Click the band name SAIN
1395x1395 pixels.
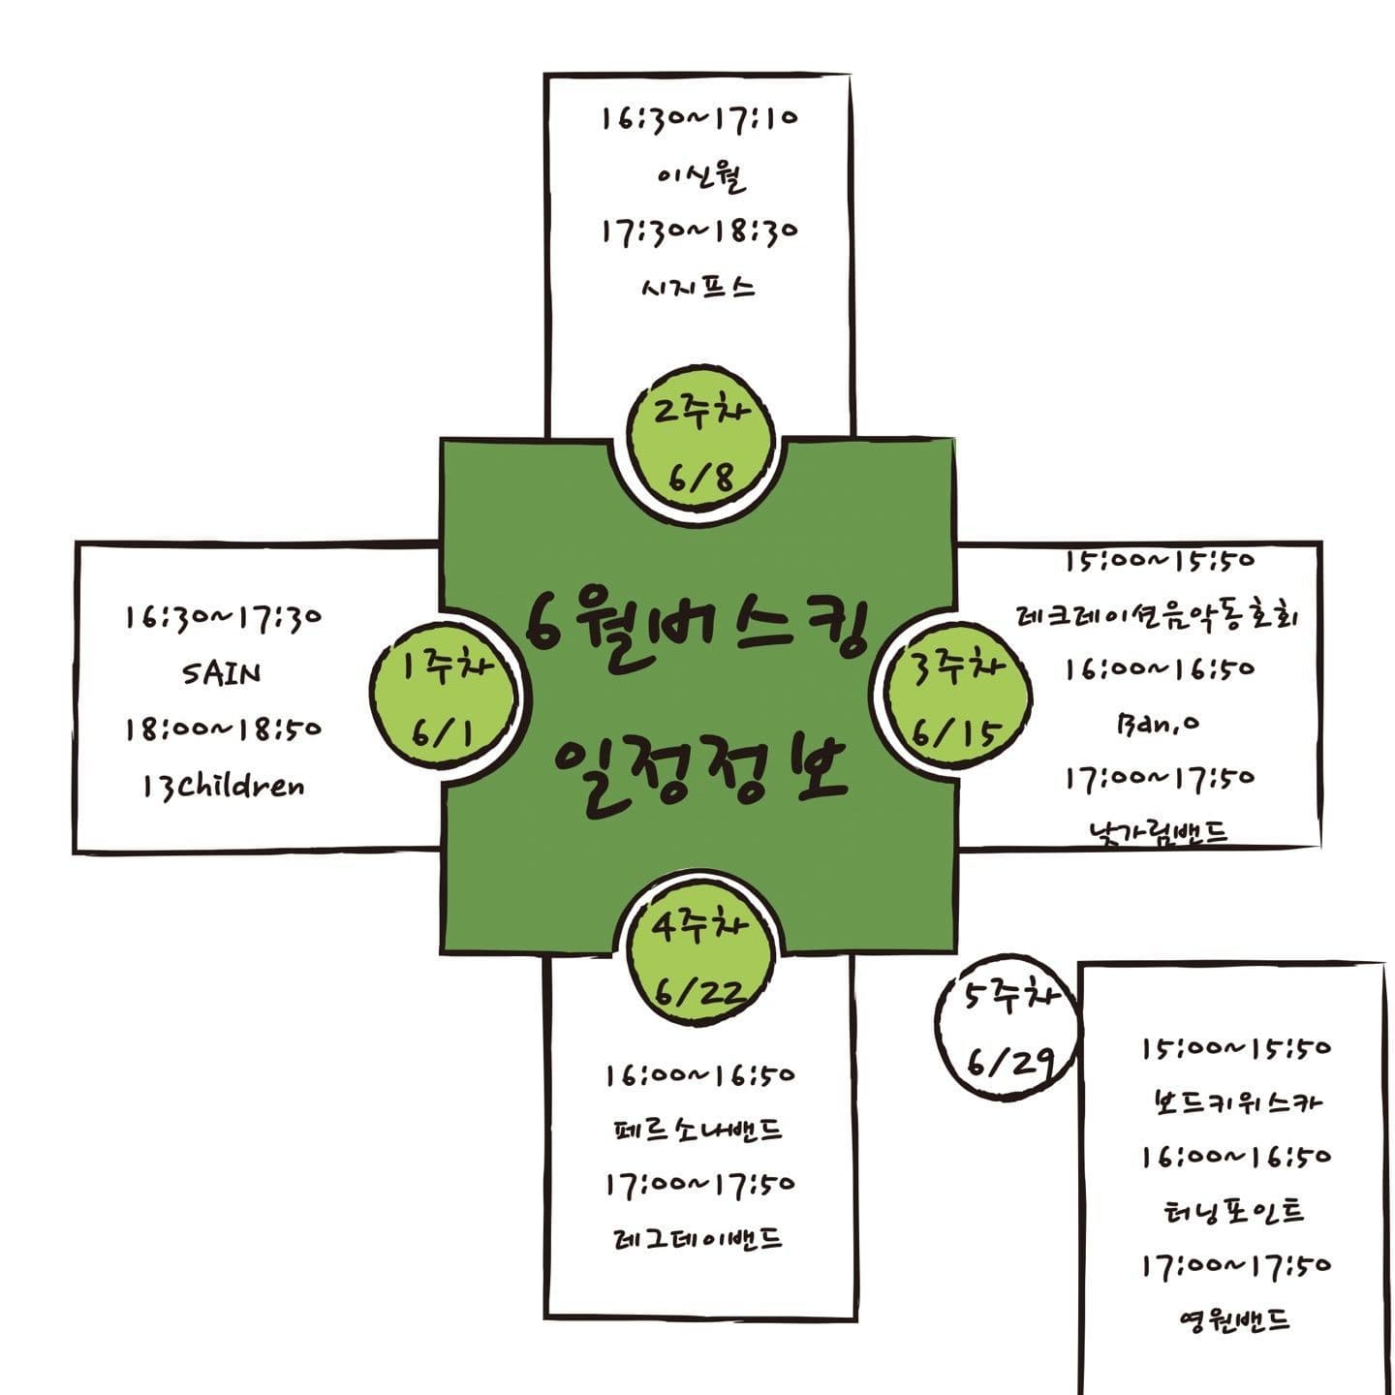[222, 672]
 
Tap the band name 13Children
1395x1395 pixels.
[222, 785]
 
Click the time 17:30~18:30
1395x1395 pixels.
[697, 233]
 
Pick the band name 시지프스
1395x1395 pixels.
[697, 288]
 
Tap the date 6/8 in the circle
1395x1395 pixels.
[700, 477]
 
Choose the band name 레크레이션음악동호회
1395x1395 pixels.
[1158, 615]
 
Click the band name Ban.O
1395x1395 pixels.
[1158, 723]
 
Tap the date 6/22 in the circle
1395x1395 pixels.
[699, 990]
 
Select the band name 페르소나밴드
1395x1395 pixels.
[699, 1130]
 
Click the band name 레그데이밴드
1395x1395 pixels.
[699, 1239]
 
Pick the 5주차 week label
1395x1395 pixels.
[1007, 998]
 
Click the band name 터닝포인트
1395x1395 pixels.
[1235, 1211]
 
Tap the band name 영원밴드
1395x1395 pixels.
[1235, 1319]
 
